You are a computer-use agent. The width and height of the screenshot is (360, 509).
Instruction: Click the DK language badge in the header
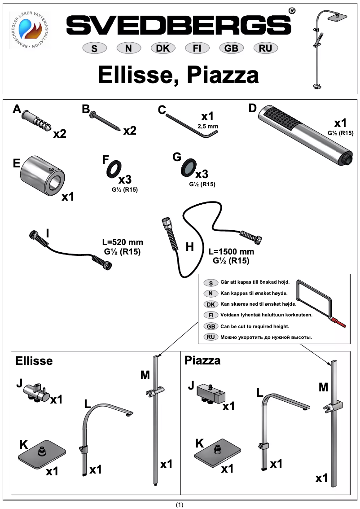coord(162,48)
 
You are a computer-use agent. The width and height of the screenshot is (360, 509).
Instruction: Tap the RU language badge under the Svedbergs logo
coord(265,48)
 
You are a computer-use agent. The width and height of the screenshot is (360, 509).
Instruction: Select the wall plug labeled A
coord(38,120)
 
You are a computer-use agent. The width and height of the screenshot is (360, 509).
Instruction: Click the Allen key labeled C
coord(189,125)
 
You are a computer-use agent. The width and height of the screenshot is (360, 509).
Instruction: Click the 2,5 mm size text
coord(207,127)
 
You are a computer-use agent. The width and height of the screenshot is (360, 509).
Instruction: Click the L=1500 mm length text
coord(232,252)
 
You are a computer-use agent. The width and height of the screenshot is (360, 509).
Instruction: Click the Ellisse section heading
coord(34,361)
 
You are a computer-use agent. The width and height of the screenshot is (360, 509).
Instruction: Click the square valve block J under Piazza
coord(211,394)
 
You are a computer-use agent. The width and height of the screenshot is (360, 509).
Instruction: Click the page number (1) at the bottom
coord(180,505)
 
